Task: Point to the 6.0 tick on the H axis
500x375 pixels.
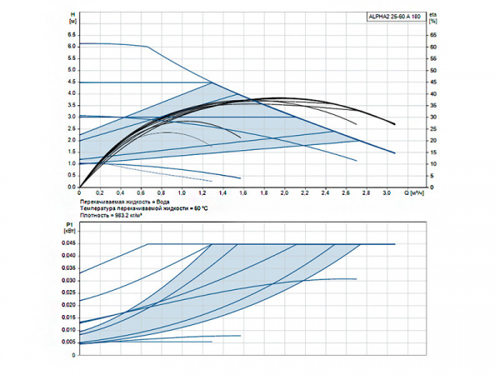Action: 72,47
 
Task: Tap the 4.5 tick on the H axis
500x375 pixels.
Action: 72,82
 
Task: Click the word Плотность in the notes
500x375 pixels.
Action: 95,215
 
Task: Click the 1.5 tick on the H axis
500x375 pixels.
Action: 72,152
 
